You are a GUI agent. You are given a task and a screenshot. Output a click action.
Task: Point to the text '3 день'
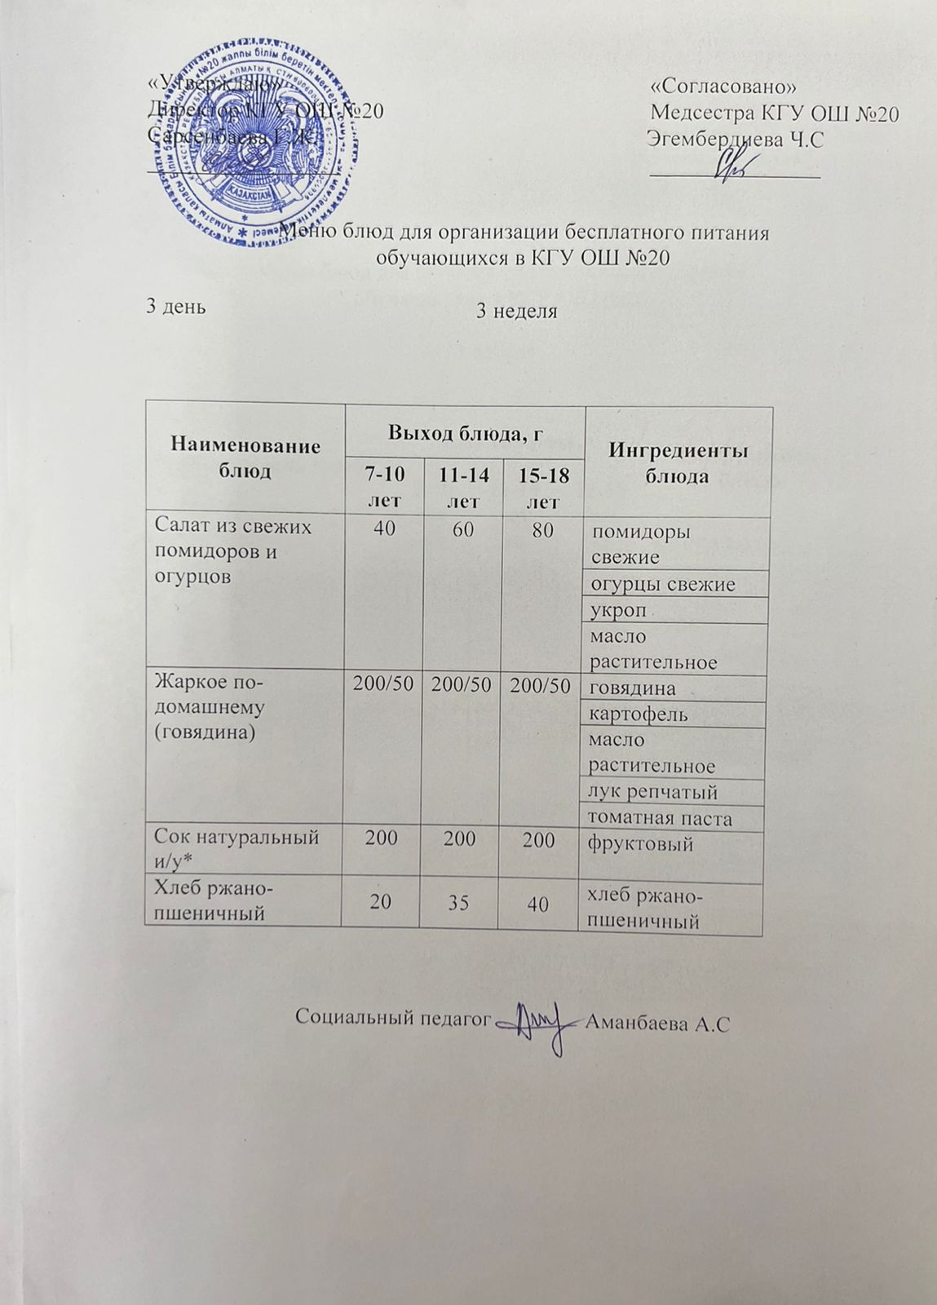[175, 306]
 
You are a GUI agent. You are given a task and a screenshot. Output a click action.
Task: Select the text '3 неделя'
[516, 311]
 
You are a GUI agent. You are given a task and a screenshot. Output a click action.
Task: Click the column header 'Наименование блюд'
[245, 458]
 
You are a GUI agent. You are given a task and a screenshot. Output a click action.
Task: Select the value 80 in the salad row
[539, 530]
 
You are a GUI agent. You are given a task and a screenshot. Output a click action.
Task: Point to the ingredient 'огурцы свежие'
[662, 584]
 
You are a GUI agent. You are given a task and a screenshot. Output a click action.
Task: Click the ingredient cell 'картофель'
[639, 714]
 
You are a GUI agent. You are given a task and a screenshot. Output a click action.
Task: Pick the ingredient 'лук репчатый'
[652, 792]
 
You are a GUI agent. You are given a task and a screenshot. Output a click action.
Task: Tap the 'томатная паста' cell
[661, 818]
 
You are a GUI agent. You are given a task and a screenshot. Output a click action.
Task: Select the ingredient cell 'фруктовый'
[640, 843]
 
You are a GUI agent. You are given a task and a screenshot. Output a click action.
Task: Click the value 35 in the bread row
[459, 902]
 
